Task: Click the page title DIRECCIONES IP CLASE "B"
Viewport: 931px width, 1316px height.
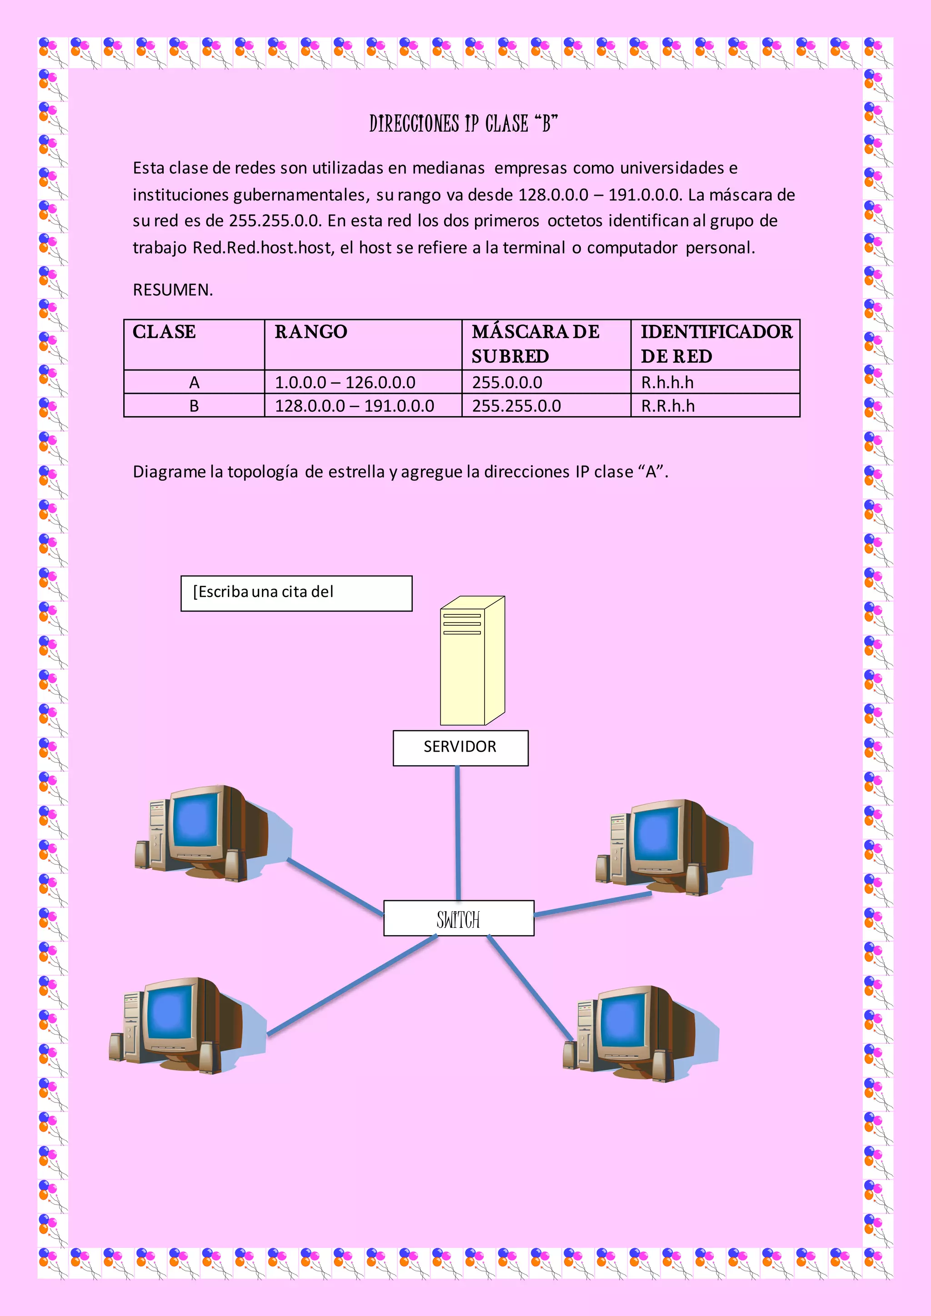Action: pos(463,124)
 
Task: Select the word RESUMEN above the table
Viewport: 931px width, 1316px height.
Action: pos(172,290)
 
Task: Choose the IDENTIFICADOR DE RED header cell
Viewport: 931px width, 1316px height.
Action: pos(716,344)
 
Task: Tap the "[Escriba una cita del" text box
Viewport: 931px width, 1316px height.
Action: pos(296,593)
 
